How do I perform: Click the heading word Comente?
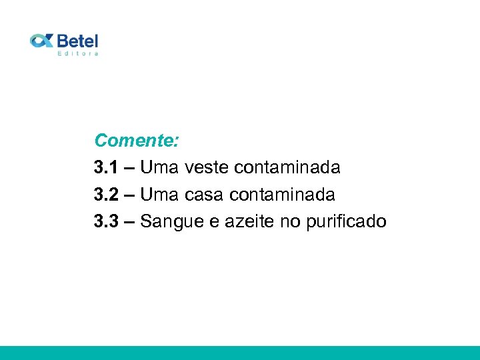[x=136, y=141]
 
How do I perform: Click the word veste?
[x=206, y=167]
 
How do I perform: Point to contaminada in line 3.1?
[x=287, y=167]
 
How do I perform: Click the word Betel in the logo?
[x=77, y=40]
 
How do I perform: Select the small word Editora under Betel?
[x=78, y=53]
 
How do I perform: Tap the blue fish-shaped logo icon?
[x=41, y=41]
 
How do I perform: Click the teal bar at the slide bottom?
[x=240, y=353]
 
